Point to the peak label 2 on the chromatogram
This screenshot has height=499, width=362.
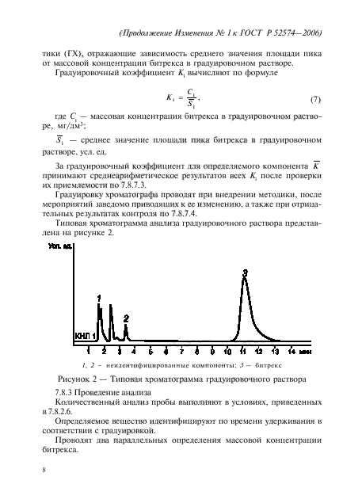pyautogui.click(x=126, y=317)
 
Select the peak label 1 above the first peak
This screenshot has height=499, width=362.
pyautogui.click(x=99, y=297)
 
